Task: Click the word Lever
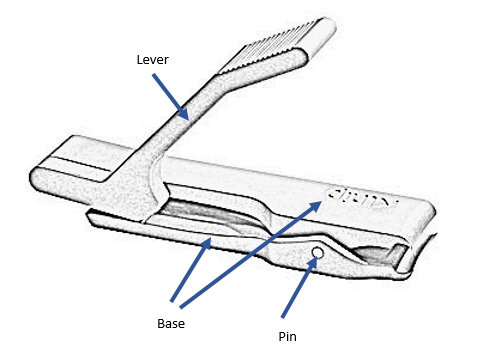point(152,59)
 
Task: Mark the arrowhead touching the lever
point(186,116)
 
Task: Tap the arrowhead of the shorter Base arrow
point(208,241)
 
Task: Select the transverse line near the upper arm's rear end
point(85,159)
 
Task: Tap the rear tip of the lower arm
point(93,214)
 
